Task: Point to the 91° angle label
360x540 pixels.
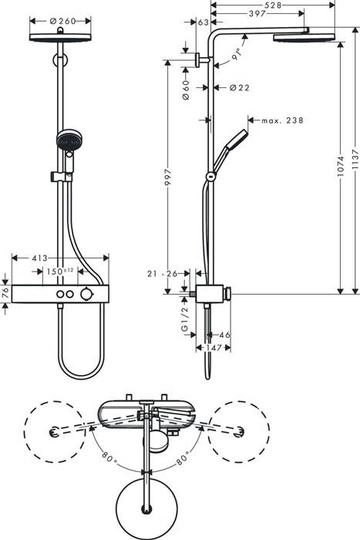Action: [240, 55]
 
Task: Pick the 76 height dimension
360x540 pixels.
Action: [6, 292]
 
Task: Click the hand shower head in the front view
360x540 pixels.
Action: [66, 140]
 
